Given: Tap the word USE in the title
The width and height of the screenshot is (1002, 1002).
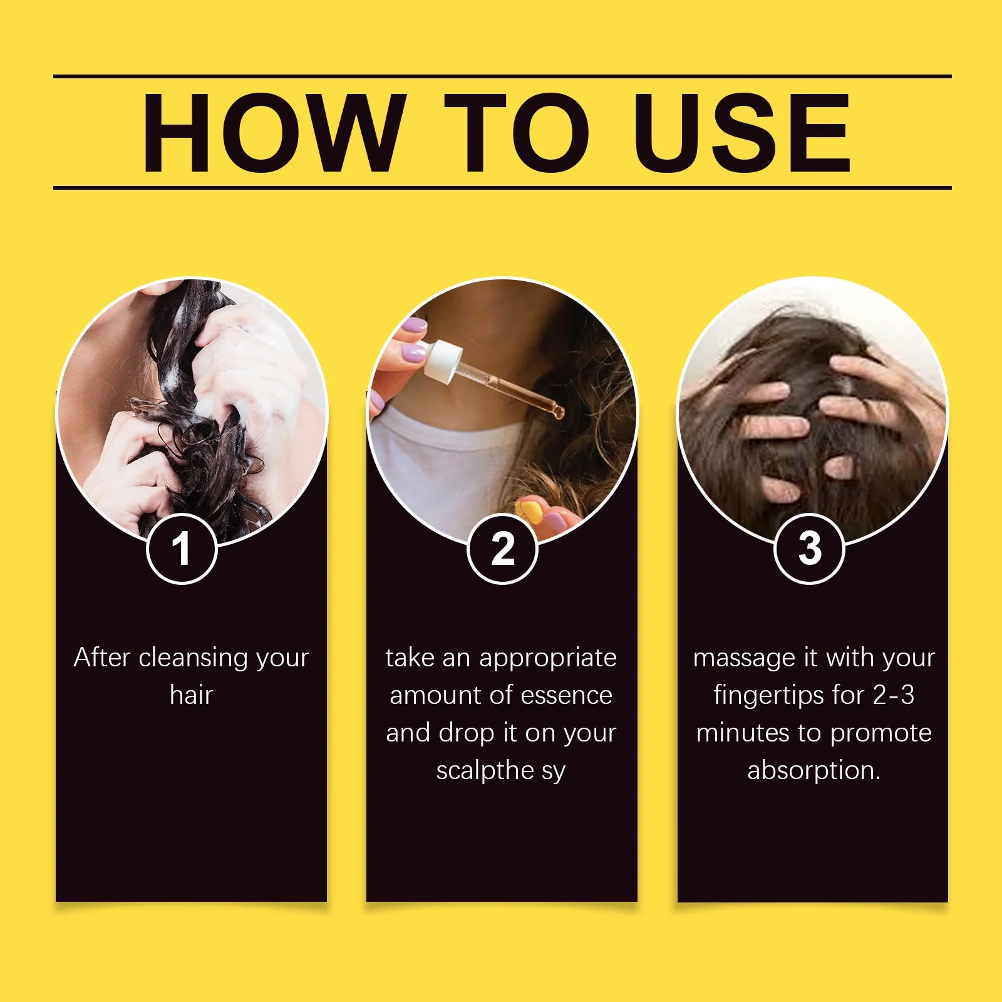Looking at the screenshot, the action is click(742, 132).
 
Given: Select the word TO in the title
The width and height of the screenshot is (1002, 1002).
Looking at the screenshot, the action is click(517, 132).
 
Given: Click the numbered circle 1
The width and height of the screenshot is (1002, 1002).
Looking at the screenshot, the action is click(182, 549).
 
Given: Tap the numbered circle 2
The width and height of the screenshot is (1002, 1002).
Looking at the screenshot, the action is click(502, 549).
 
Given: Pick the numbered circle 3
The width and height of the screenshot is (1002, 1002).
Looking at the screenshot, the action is click(809, 549).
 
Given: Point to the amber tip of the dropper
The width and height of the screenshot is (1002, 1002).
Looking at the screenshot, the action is click(557, 411).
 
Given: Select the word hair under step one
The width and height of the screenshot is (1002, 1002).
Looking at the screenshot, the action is click(191, 695).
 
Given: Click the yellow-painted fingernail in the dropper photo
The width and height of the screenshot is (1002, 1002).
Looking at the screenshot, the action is click(529, 510).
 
